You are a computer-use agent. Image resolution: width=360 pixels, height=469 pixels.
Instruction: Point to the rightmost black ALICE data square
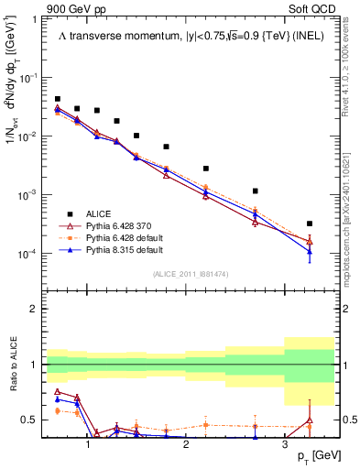310,224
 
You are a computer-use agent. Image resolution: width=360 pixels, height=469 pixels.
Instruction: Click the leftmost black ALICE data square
58,99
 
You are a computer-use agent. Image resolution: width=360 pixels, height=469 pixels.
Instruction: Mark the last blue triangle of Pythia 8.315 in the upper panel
310,252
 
